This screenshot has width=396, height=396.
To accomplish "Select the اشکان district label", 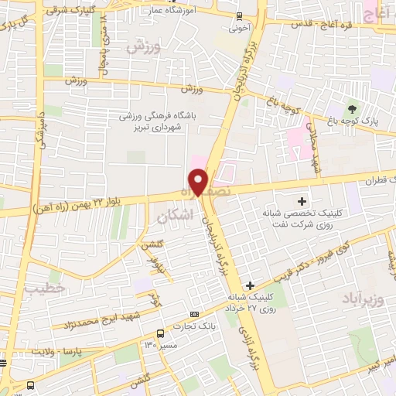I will pyautogui.click(x=172, y=218).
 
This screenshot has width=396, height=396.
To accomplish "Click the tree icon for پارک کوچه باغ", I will pyautogui.click(x=353, y=107).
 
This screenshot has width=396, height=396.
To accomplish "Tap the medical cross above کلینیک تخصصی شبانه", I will pyautogui.click(x=302, y=202).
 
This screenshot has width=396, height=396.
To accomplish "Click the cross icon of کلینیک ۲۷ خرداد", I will pyautogui.click(x=249, y=285).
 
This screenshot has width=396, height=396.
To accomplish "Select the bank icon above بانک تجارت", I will pyautogui.click(x=193, y=313).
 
